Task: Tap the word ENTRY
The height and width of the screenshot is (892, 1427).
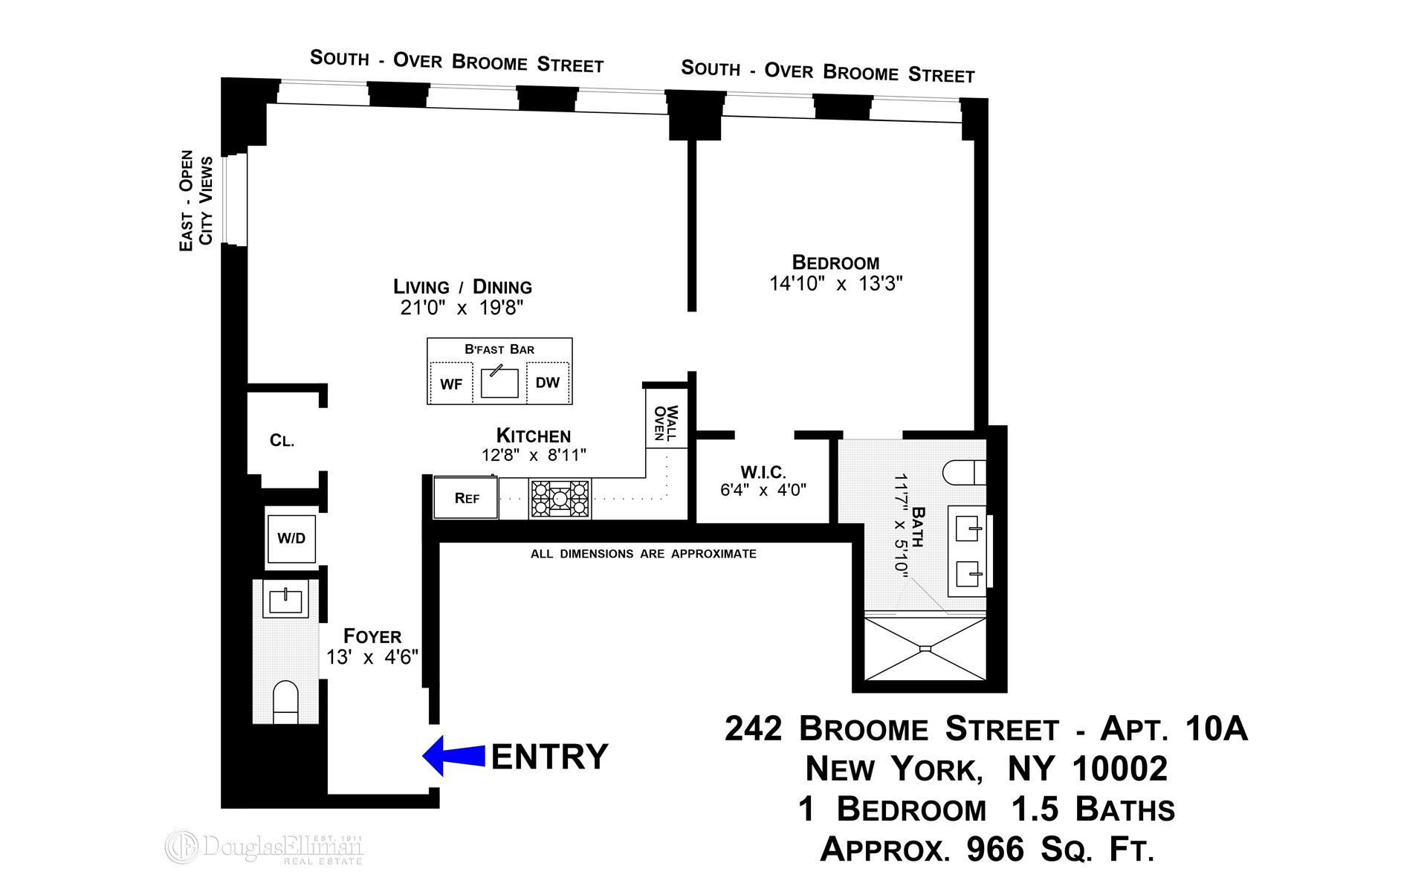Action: click(550, 757)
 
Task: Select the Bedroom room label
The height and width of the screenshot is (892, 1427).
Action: click(835, 262)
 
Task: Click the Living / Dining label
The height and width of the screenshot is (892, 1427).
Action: click(462, 287)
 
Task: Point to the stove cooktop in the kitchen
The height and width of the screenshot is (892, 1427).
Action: click(560, 498)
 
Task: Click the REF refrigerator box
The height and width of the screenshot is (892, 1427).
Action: click(467, 498)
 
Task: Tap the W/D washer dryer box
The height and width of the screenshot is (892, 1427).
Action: click(291, 538)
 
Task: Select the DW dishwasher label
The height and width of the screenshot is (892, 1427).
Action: click(548, 383)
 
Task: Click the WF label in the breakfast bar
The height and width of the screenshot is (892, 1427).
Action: click(451, 384)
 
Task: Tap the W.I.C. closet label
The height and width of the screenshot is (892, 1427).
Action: click(763, 472)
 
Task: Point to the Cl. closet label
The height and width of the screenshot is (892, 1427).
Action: click(282, 441)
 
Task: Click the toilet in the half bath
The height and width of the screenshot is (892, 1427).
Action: click(285, 701)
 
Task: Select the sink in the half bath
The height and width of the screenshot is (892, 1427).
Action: click(285, 598)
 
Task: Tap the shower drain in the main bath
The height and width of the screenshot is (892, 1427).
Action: click(925, 649)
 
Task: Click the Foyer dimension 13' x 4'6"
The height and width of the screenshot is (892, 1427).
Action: click(372, 657)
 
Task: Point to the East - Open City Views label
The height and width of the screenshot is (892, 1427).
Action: click(196, 201)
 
